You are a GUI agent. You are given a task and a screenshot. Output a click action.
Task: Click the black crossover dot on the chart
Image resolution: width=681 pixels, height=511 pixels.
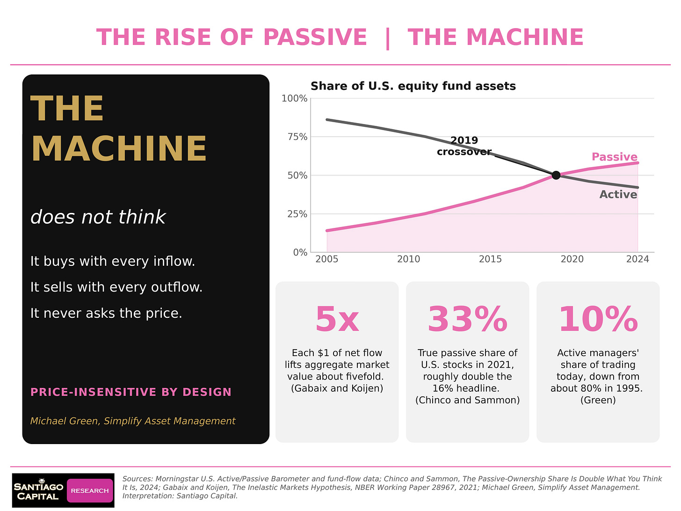pos(556,175)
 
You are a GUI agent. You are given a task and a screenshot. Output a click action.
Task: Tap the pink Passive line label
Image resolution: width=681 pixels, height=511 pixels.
pos(615,157)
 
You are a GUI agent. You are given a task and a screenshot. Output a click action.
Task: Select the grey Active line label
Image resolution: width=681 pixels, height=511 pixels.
pos(618,195)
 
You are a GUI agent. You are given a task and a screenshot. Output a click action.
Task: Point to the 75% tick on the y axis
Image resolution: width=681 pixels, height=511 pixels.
pos(297,137)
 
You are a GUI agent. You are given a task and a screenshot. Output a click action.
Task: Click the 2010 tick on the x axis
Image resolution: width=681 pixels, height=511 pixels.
pos(409,259)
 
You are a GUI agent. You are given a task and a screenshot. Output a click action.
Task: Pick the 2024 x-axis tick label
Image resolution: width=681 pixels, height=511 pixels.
pos(638,259)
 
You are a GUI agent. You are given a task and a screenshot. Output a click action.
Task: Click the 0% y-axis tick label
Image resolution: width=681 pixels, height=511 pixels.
pos(300,253)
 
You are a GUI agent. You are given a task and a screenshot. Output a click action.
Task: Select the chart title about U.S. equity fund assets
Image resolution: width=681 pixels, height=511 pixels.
pos(413,86)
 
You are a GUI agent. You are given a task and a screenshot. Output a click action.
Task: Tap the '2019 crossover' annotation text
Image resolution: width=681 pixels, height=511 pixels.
pos(464,146)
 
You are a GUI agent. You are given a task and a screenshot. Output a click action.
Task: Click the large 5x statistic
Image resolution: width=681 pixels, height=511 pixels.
pos(337,319)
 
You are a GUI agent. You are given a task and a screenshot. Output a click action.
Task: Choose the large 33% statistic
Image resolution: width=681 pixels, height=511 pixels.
pos(468,319)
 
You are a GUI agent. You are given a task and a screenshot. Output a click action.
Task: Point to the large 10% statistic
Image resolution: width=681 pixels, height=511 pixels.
pos(598,319)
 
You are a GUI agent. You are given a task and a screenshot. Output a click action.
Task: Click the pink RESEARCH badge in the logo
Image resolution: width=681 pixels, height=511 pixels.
pos(90,490)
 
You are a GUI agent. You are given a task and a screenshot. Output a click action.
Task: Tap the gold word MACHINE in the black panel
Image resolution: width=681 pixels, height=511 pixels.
pos(119,149)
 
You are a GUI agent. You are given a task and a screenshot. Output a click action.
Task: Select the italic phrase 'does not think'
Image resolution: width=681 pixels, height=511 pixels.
pos(98,217)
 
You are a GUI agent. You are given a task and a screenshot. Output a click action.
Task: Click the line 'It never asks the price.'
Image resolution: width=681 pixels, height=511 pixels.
pos(106,313)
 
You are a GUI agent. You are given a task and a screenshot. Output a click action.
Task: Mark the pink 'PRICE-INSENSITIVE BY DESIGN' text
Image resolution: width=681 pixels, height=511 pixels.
pos(131,392)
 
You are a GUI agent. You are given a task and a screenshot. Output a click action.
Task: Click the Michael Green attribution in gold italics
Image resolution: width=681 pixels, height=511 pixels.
pos(133,421)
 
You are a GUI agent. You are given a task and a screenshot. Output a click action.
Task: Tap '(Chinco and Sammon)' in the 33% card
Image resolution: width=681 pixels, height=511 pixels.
pos(468,400)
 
